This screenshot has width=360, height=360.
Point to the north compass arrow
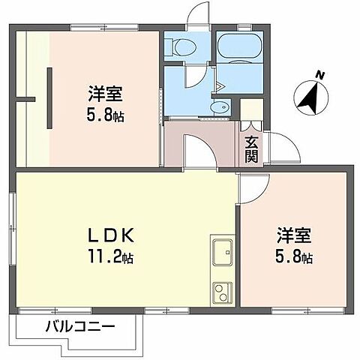tap(308, 96)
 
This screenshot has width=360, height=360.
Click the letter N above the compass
tap(320, 75)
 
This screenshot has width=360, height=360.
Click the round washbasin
tap(218, 107)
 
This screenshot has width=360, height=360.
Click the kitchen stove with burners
tap(223, 291)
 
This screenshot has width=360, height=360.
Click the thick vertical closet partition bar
tap(49, 98)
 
